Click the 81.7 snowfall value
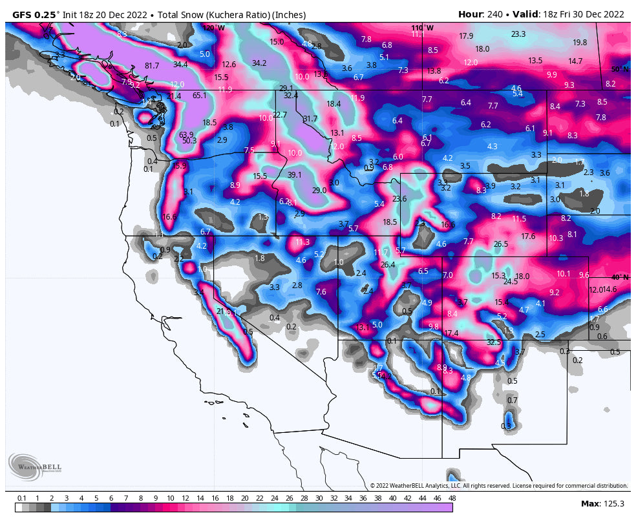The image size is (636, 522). coord(151,65)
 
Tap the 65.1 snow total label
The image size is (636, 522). coord(199,96)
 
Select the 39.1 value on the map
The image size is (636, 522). coord(294,175)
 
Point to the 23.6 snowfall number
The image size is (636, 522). coord(399,199)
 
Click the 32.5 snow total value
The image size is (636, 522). coord(494,342)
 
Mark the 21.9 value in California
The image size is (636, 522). coord(224,311)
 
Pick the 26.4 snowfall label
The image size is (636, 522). coord(387,265)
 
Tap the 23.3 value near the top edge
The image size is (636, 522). coord(518,34)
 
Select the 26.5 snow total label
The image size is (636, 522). coord(500,244)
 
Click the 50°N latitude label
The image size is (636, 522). coord(619,69)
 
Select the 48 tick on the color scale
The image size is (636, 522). coord(452,498)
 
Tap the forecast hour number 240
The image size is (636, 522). coord(493,14)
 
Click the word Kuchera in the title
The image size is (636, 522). coord(204,14)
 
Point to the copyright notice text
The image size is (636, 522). coord(498,486)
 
